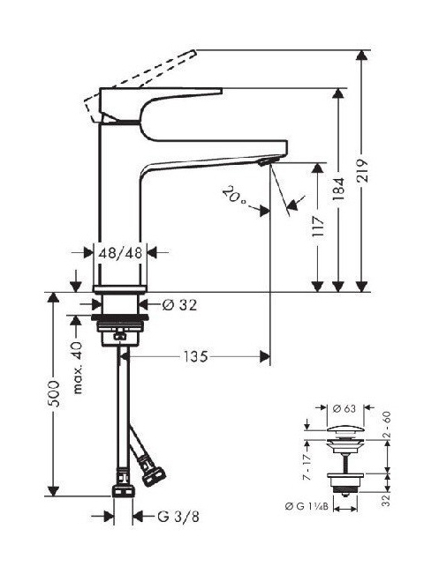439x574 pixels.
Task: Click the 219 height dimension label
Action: click(x=361, y=171)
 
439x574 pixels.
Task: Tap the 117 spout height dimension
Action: click(x=318, y=227)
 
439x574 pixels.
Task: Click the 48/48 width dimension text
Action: click(x=120, y=252)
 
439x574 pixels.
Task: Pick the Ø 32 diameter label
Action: click(x=179, y=304)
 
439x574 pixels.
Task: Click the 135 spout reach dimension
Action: click(x=195, y=356)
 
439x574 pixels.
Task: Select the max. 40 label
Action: click(x=78, y=367)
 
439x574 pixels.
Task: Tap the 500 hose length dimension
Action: click(x=54, y=394)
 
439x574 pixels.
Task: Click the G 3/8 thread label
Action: click(x=178, y=517)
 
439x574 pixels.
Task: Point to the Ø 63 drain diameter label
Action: click(x=344, y=408)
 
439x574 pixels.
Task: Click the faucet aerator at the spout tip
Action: click(x=269, y=160)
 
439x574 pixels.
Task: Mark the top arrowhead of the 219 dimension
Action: click(x=362, y=56)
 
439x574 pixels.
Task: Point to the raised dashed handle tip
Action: click(x=193, y=54)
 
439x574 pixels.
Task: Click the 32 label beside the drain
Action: click(x=385, y=501)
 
